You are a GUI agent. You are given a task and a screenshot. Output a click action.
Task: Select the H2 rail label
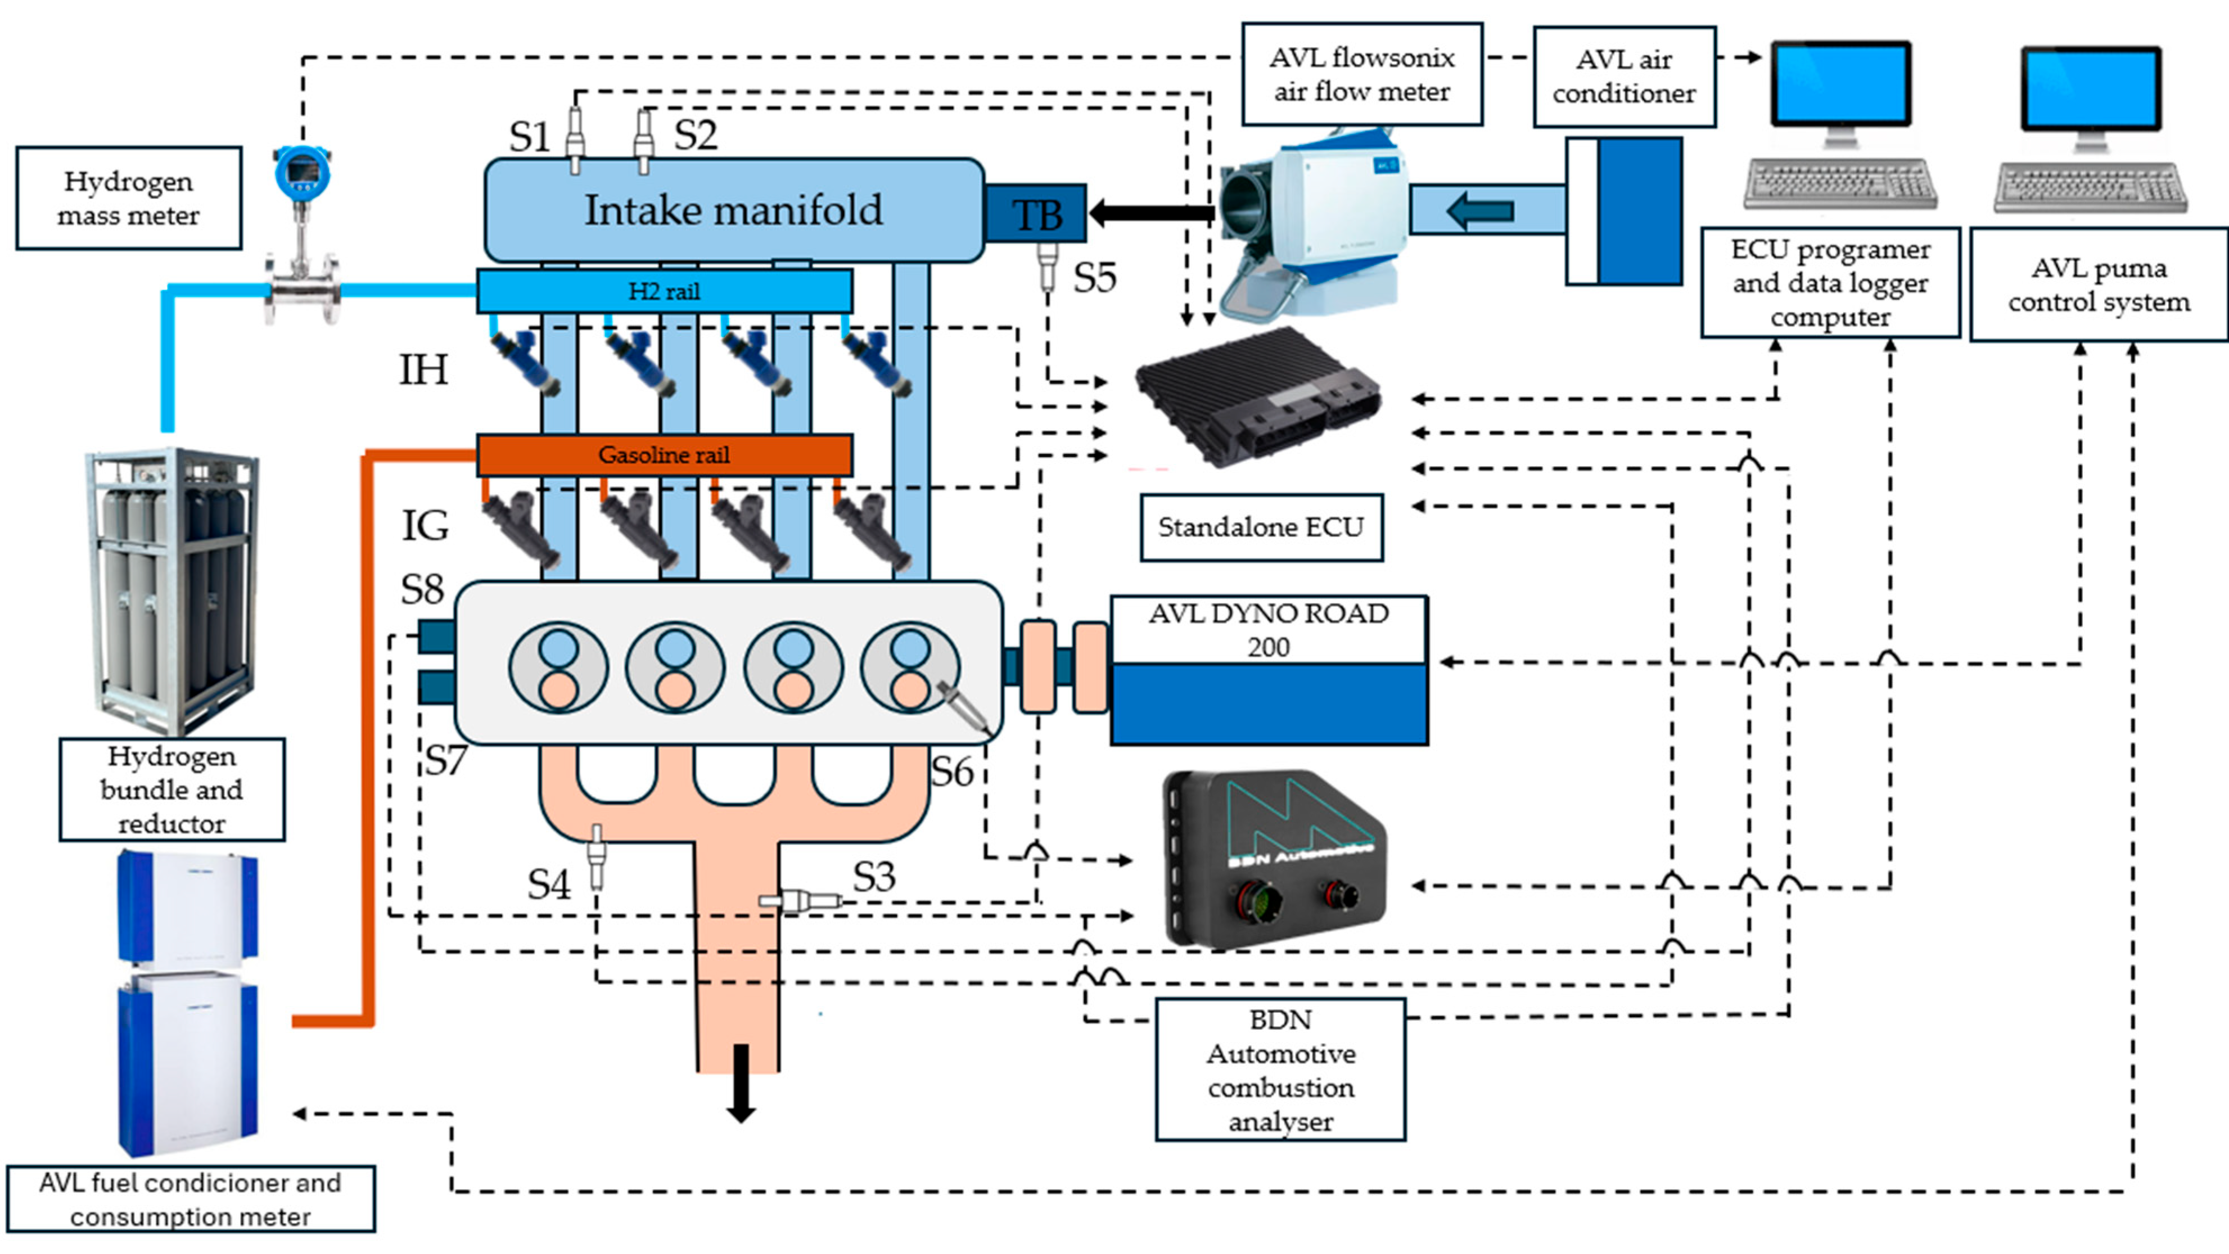(x=664, y=292)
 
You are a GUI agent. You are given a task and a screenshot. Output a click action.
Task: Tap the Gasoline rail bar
(x=664, y=454)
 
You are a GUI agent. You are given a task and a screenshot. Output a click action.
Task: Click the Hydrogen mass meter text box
(x=128, y=198)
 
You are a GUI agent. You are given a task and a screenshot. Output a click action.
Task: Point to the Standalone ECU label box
(x=1261, y=527)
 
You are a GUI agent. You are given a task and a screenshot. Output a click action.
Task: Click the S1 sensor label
(x=529, y=137)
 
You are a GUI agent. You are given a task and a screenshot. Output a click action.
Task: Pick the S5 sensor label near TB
(x=1095, y=278)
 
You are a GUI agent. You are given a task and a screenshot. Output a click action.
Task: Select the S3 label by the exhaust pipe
(x=874, y=877)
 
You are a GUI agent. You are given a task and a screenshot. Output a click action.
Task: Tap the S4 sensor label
(x=549, y=885)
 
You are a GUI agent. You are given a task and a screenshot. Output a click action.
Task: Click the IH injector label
(x=423, y=371)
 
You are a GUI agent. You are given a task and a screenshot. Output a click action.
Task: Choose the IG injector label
(x=425, y=525)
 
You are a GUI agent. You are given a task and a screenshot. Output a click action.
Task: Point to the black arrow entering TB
(x=1151, y=212)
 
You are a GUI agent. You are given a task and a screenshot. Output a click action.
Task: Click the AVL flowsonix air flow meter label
(x=1361, y=74)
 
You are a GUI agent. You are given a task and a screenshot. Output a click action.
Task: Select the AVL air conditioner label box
(x=1623, y=76)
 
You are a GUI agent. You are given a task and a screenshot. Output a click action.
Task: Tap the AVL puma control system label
(x=2099, y=285)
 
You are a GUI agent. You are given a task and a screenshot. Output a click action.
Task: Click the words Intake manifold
(x=733, y=210)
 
